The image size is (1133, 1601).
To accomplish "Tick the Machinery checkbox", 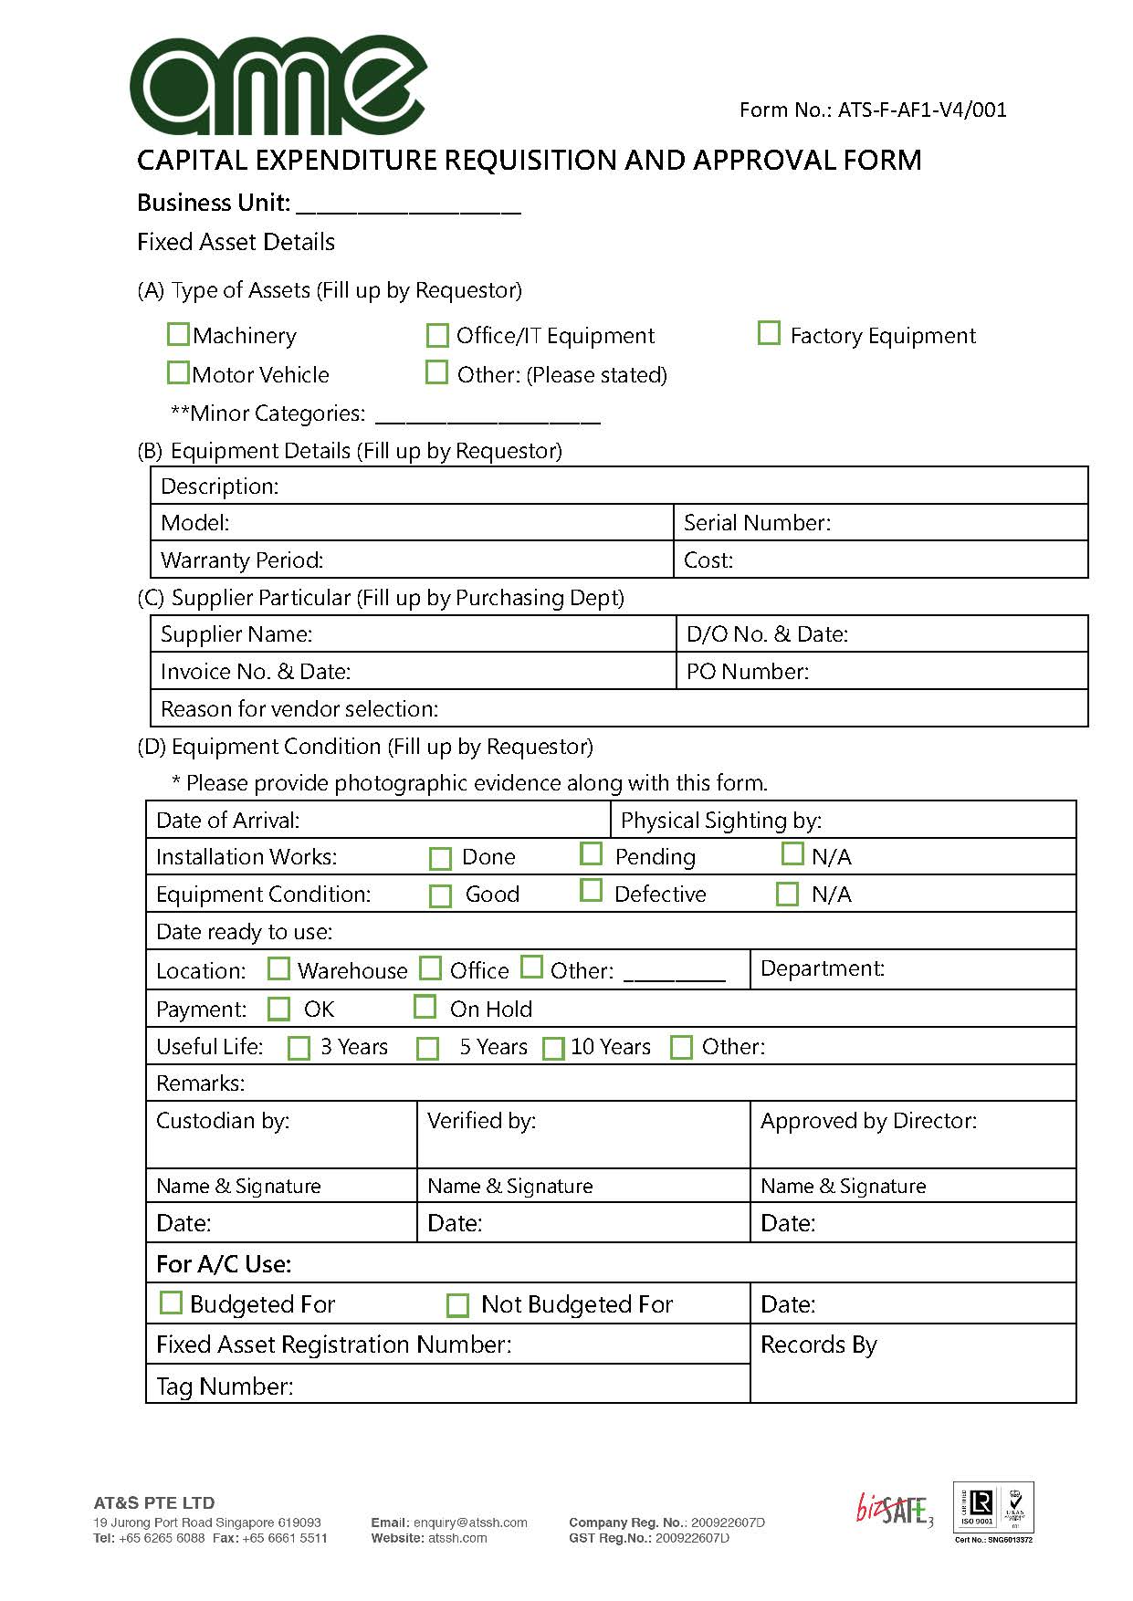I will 178,335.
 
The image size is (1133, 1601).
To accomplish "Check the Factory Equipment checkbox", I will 769,333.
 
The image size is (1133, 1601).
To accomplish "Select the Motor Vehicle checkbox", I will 178,373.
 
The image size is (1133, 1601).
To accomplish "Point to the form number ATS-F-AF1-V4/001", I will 873,110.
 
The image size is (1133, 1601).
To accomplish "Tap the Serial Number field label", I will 757,523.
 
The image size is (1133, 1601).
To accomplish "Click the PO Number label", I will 748,672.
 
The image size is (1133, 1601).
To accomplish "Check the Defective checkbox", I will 591,891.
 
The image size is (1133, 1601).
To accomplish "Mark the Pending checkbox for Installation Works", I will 591,853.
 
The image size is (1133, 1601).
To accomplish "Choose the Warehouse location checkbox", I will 278,968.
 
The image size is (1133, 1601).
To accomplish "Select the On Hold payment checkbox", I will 425,1007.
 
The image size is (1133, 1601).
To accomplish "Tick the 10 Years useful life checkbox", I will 553,1048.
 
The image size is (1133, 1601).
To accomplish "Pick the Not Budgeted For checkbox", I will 457,1305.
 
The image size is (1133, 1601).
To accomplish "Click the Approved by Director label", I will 868,1121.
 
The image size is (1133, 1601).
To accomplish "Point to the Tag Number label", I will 225,1386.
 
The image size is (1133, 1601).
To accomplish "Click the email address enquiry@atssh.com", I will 470,1523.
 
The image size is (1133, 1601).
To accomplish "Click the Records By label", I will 818,1345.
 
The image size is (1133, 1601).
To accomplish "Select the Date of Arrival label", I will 227,821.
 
